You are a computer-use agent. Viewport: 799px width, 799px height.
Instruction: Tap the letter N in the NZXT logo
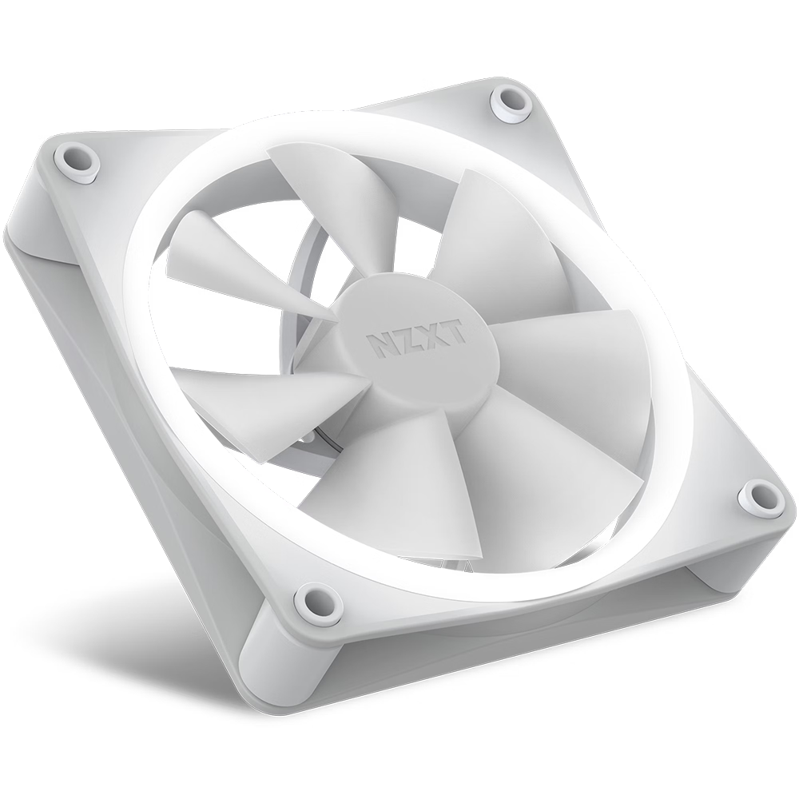(x=378, y=344)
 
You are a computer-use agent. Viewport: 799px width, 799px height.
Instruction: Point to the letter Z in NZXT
(x=403, y=340)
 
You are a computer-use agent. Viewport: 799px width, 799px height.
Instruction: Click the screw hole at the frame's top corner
(x=511, y=101)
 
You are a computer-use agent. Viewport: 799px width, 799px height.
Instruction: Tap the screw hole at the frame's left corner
(x=78, y=159)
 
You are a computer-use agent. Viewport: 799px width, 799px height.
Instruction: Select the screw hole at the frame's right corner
(x=760, y=497)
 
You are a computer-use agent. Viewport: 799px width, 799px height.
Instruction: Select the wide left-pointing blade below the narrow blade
(x=256, y=399)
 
